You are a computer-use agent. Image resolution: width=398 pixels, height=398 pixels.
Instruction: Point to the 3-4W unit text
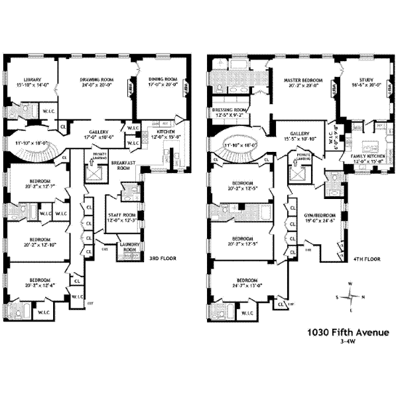346,343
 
